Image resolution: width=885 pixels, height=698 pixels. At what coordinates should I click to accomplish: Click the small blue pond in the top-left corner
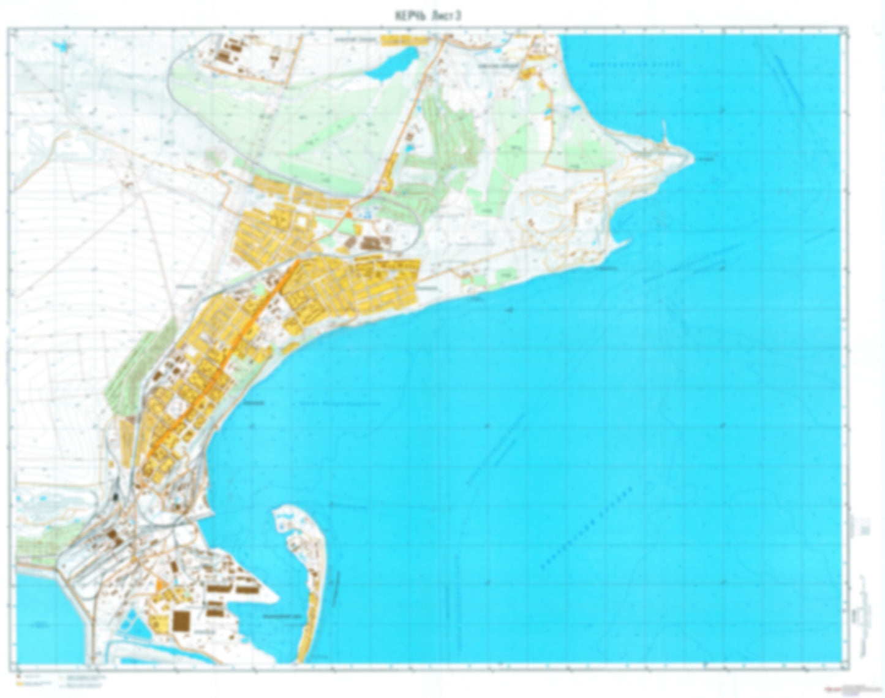(x=59, y=46)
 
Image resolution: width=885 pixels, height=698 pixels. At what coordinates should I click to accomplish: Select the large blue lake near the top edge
(x=392, y=64)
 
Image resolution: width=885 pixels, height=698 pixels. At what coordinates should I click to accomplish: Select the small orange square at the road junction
(x=348, y=214)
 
